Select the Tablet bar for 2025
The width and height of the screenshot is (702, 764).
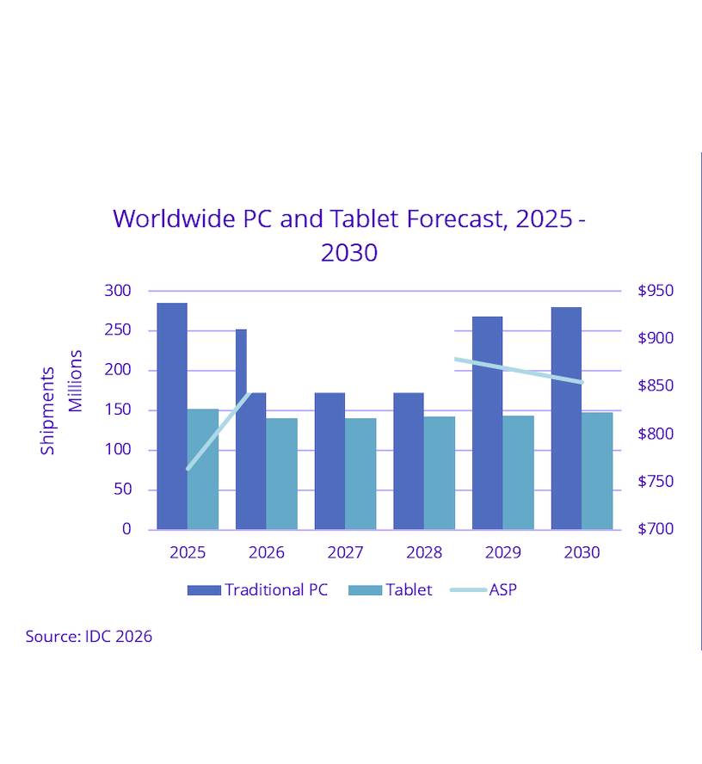(203, 469)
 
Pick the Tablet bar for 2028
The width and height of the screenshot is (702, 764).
(440, 472)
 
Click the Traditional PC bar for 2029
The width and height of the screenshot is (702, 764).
(487, 422)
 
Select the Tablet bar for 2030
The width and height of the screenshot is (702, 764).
(597, 471)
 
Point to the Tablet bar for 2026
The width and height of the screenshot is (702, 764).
(281, 473)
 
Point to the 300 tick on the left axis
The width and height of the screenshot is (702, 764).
(117, 291)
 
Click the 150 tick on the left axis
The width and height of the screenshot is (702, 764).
(117, 410)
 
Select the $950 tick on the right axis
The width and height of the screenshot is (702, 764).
(656, 291)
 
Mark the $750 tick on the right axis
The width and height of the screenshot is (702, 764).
(656, 482)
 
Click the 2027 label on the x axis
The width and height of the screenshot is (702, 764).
(345, 552)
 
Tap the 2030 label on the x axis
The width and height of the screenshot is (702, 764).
(582, 552)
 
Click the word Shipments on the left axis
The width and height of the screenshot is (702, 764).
(47, 410)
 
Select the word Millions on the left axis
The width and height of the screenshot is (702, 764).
(76, 380)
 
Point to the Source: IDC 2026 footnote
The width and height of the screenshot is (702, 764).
(89, 637)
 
